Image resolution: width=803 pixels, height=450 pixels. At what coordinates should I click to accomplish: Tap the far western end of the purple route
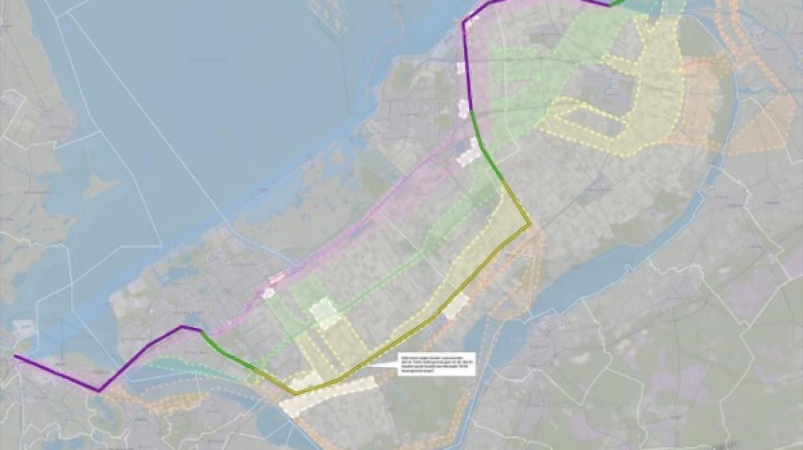click(15, 355)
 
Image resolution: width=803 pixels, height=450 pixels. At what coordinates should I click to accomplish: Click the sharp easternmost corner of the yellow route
click(530, 225)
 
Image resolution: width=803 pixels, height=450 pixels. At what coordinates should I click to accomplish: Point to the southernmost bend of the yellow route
click(295, 393)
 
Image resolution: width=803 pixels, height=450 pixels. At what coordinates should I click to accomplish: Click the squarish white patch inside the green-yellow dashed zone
click(324, 313)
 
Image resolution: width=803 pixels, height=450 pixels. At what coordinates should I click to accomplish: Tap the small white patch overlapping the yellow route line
click(456, 306)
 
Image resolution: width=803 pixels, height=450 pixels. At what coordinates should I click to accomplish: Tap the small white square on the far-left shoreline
click(23, 326)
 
